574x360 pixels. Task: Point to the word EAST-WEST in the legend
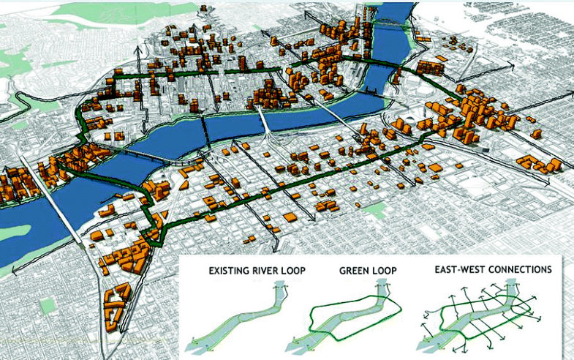(458, 269)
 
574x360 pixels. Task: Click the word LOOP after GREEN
(386, 271)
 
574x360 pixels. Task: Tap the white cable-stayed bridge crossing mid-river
(268, 132)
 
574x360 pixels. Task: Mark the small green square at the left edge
(47, 304)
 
